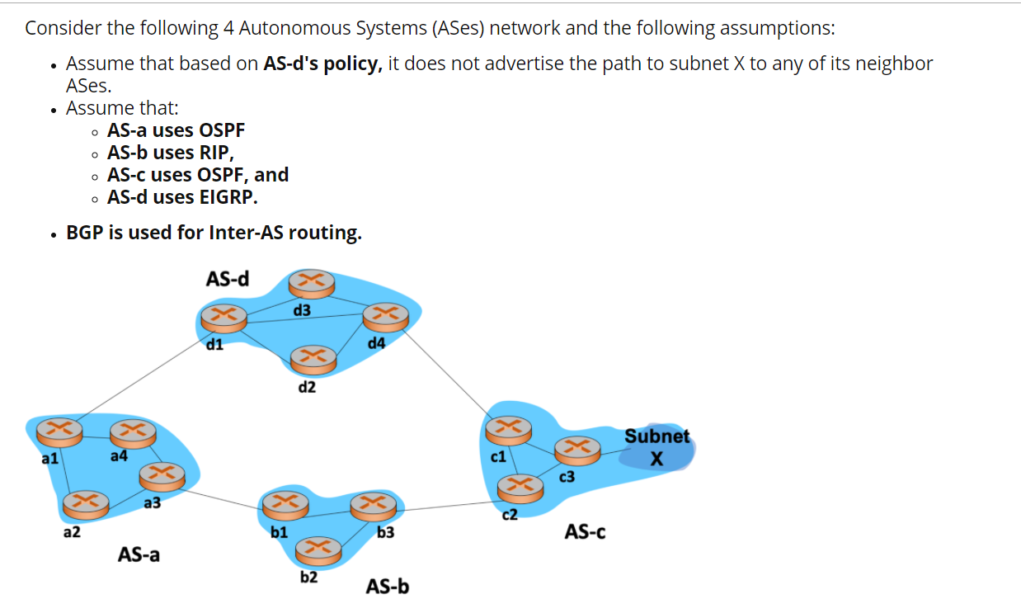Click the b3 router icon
(x=373, y=505)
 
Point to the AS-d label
(x=228, y=279)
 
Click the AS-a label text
(x=139, y=554)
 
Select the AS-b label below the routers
(x=388, y=587)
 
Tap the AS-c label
(x=585, y=532)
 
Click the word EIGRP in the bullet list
(x=228, y=197)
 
